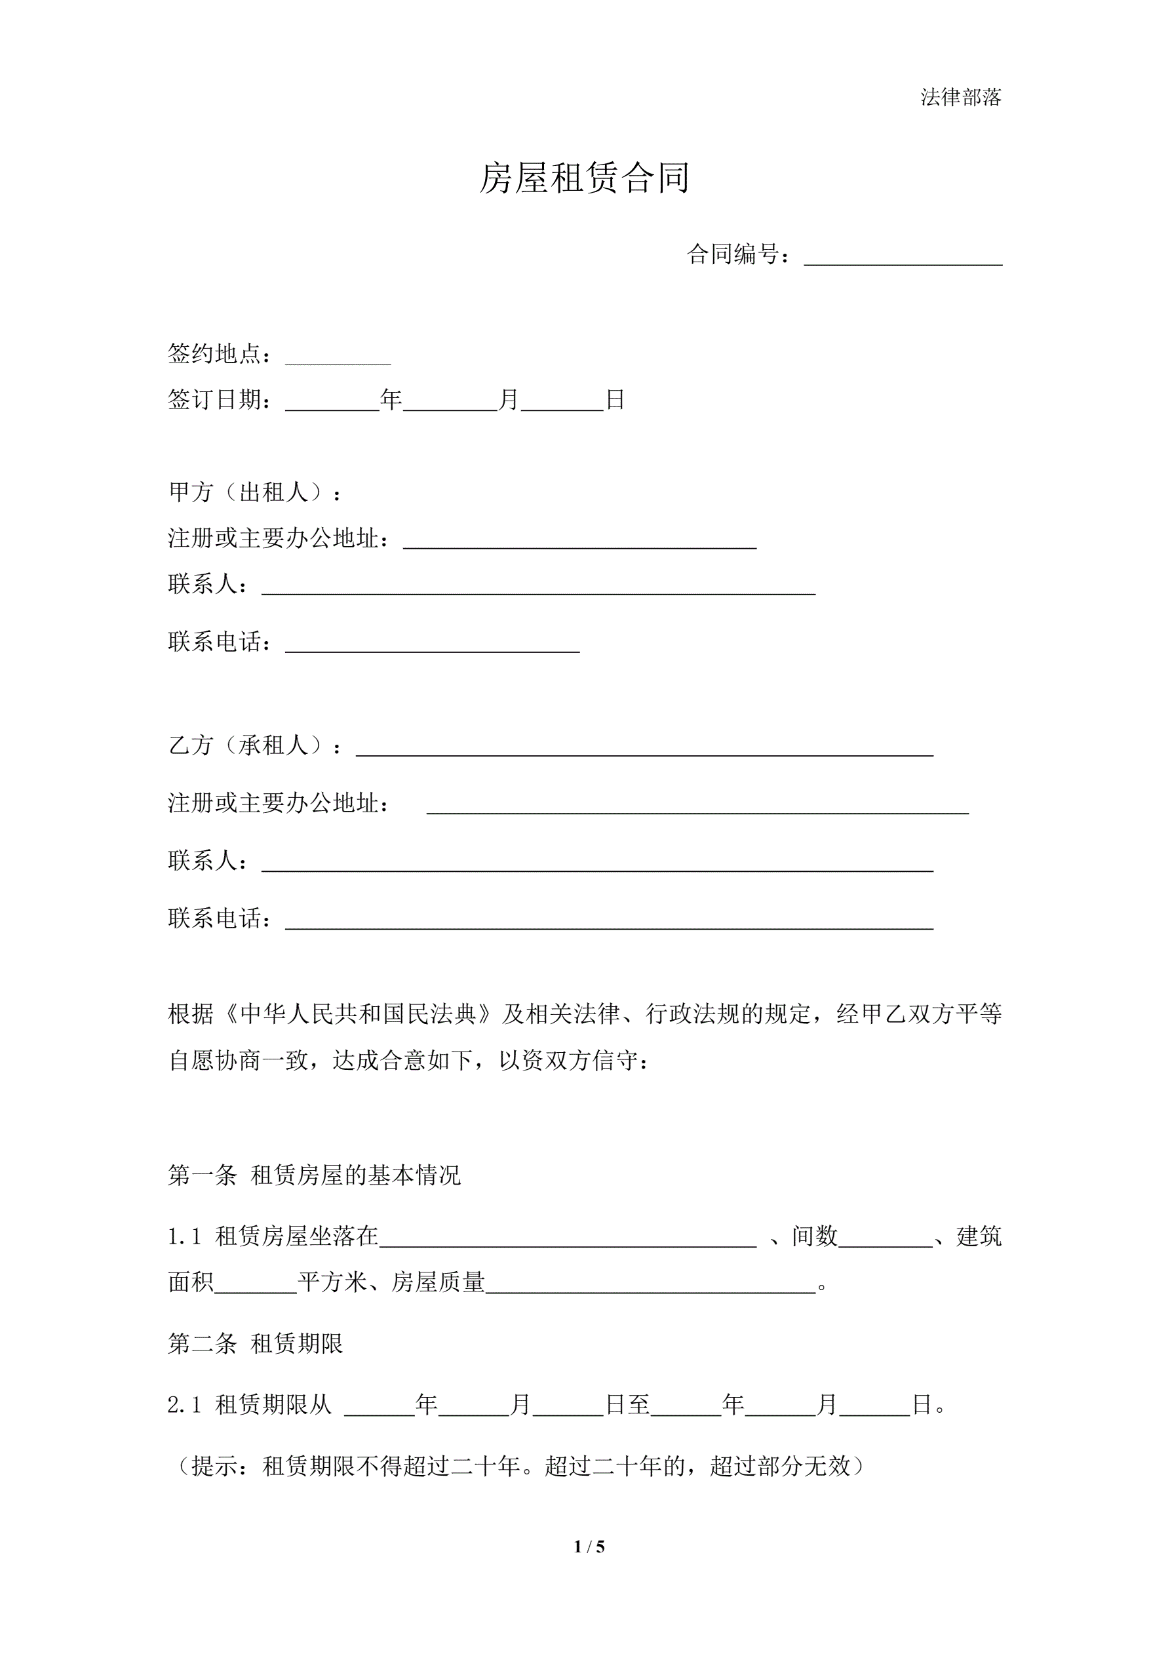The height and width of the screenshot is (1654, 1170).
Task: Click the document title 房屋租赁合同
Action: (584, 178)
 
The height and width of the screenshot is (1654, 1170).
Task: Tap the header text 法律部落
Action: (960, 97)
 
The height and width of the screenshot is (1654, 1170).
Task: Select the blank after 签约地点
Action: (338, 357)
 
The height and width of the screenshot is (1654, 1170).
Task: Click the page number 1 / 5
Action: (589, 1546)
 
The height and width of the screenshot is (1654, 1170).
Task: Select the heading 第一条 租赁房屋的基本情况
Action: (314, 1175)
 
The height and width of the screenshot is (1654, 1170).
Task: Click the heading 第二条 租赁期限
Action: (255, 1343)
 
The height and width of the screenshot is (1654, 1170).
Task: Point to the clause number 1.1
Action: (184, 1237)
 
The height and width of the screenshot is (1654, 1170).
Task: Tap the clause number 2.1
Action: (184, 1405)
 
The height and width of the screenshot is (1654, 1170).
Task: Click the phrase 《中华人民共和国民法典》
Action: (358, 1014)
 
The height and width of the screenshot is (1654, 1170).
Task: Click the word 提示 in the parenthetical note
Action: (215, 1466)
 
